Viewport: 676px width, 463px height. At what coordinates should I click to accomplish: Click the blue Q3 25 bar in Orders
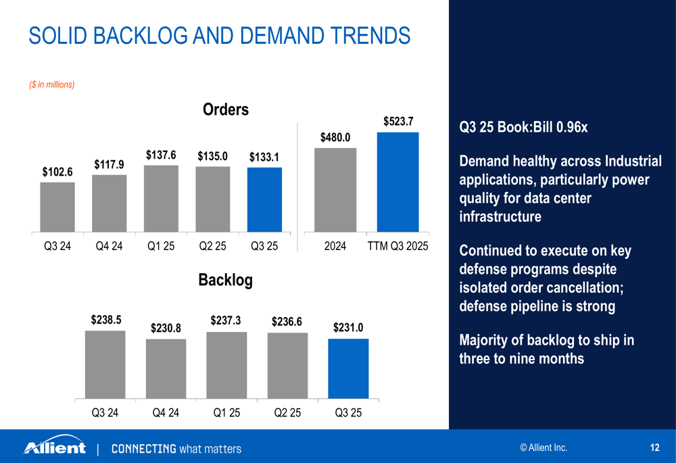264,199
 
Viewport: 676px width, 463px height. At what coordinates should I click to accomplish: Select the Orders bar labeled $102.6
57,207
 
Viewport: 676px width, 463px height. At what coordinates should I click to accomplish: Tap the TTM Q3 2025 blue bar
397,182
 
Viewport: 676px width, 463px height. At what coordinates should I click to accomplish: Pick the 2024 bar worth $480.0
335,190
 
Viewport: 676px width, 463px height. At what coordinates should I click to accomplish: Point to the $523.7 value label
397,122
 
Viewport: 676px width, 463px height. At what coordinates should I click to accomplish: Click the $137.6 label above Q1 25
161,155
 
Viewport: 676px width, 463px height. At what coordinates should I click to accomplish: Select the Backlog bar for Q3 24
105,364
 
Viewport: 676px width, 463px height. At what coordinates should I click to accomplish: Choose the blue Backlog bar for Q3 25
348,368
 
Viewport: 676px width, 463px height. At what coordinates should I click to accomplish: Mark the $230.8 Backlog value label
166,328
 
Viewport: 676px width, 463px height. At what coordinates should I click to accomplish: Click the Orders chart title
226,109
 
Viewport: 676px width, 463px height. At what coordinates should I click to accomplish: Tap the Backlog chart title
225,280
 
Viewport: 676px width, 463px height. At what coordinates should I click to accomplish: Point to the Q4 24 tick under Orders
109,247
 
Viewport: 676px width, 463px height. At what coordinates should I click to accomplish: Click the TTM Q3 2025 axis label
397,247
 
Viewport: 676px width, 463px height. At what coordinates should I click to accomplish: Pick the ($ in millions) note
51,84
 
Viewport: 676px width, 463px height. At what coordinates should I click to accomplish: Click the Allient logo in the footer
55,447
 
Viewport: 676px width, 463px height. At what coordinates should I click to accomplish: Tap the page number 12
654,447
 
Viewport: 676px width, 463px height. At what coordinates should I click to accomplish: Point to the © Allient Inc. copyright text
544,447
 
